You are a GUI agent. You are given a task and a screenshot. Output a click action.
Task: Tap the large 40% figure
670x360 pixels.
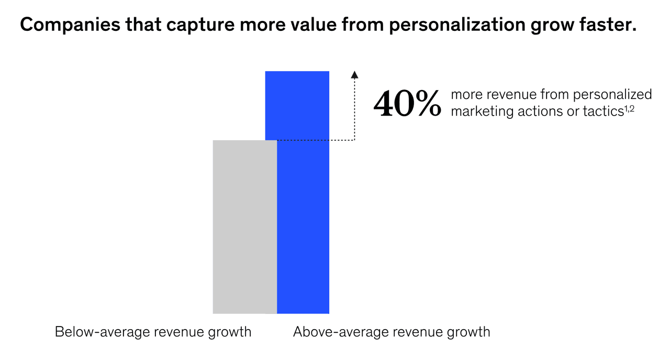(407, 104)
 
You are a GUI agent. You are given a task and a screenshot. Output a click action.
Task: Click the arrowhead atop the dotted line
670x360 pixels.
(355, 74)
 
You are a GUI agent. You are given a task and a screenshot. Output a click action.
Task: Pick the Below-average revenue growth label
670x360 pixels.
(153, 332)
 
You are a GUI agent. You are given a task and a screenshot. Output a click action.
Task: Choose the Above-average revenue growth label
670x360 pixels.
(392, 332)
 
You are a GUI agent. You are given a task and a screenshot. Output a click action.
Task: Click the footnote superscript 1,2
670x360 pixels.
(629, 107)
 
